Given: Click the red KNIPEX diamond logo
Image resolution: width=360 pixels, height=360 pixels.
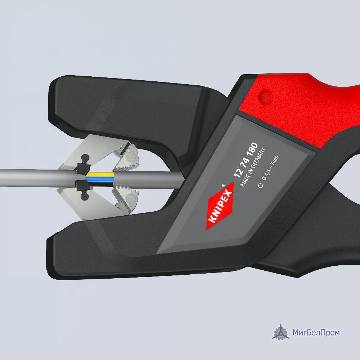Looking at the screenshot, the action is pos(220,206).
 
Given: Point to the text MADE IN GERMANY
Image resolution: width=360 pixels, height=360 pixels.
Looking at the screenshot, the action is pos(253,167).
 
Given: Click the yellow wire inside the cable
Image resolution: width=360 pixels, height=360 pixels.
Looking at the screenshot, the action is pos(100,175).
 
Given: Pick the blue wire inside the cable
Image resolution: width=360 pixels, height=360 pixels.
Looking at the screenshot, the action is pos(100,179).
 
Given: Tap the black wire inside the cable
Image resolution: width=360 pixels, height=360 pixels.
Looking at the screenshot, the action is pos(100,184).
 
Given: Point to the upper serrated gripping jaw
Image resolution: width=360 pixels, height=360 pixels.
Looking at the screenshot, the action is pos(127,158).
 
